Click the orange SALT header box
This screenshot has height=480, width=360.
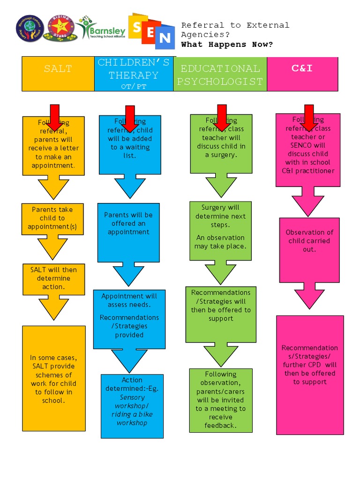58,74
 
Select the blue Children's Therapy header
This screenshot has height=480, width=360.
134,74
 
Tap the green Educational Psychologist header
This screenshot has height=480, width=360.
220,74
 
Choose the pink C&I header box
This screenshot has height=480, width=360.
302,74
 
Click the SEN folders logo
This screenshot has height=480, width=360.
151,31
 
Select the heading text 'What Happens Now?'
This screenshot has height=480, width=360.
227,45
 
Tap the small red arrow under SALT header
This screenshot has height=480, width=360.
54,117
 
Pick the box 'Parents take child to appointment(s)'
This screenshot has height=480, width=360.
52,218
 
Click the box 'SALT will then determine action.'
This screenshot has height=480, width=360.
53,278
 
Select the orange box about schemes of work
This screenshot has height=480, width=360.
54,378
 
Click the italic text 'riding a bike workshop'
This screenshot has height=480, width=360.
132,419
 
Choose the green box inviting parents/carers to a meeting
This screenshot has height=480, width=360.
221,400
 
